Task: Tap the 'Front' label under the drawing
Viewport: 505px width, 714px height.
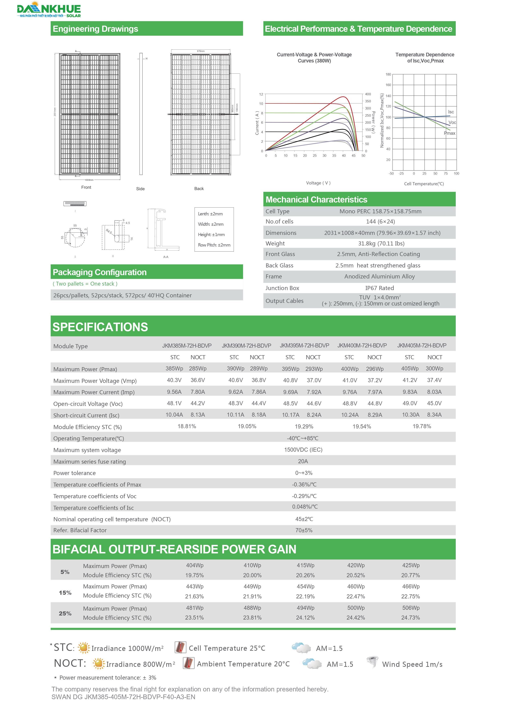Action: click(x=86, y=187)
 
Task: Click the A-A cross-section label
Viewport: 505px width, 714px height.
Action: click(x=166, y=257)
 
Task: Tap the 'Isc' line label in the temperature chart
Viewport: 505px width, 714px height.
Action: click(x=451, y=112)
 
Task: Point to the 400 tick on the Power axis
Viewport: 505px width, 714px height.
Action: click(x=368, y=94)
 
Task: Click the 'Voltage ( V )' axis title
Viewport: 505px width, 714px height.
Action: click(x=318, y=183)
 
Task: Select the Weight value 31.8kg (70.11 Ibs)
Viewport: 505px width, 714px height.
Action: click(x=381, y=243)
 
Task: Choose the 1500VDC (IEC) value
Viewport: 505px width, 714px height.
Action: click(x=303, y=450)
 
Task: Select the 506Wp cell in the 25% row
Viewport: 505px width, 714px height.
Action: click(x=411, y=608)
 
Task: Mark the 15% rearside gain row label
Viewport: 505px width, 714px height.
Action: click(x=65, y=593)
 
